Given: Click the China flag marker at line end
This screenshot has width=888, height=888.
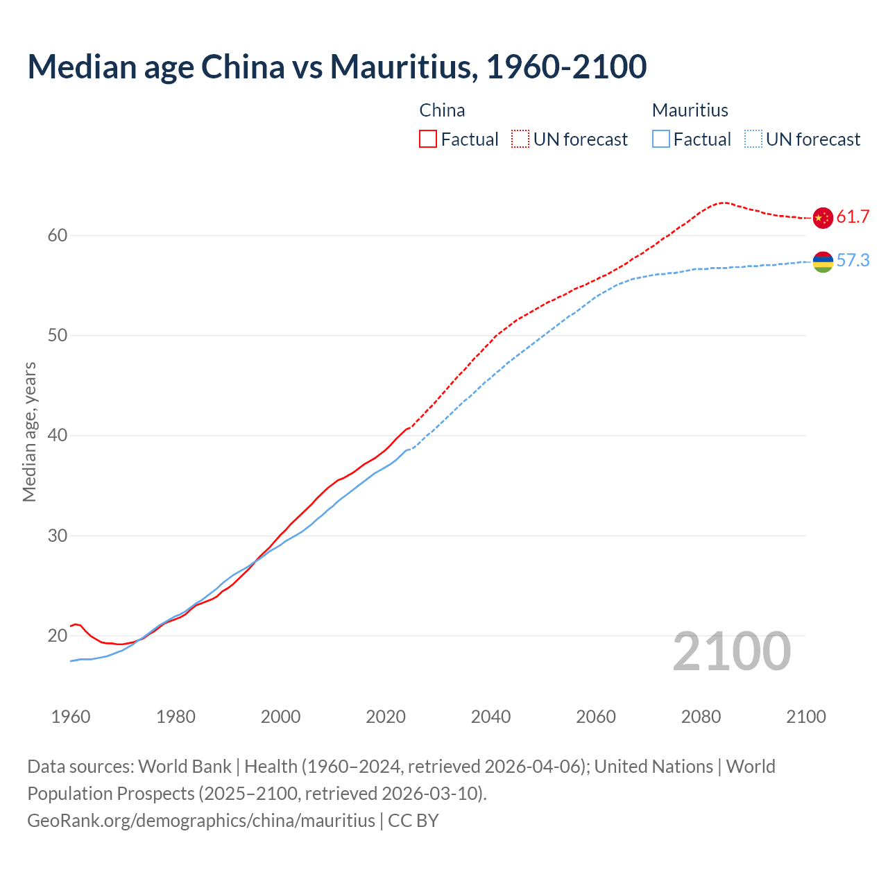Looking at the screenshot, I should coord(822,218).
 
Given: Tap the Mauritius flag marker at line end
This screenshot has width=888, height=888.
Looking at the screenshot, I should coord(822,262).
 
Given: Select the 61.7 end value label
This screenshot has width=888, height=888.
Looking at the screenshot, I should coord(853,217).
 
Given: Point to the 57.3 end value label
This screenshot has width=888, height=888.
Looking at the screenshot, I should coord(853,261).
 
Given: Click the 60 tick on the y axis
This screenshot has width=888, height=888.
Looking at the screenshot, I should coord(58,236).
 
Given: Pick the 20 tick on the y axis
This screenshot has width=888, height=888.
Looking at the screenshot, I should coord(58,636).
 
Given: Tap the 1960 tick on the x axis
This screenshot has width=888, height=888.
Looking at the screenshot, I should coord(71,717).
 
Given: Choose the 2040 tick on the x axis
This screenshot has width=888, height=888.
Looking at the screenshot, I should coord(490,717).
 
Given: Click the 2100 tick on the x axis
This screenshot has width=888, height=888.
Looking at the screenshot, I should coord(805,717).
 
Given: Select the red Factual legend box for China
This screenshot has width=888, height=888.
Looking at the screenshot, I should coord(428,139).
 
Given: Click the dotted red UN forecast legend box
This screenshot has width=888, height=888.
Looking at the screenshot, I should coord(520,139).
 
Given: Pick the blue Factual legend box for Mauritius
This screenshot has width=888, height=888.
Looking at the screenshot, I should coord(660,139).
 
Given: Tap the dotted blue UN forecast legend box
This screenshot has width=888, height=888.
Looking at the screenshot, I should coord(753,139).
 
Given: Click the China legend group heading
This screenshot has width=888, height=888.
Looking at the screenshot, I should coord(442,110).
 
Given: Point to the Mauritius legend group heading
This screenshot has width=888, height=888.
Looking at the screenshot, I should coord(690,110).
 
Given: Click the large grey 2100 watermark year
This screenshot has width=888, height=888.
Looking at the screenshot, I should coord(731,651).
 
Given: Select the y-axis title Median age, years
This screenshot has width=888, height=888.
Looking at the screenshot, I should coord(29,432).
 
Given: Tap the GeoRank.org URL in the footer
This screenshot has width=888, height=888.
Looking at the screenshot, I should coord(201,821).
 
